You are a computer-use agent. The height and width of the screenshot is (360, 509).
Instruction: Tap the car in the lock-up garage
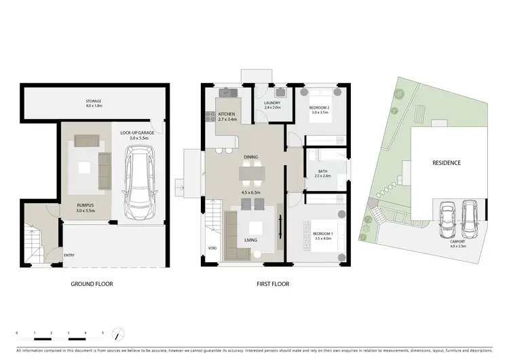(x=140, y=179)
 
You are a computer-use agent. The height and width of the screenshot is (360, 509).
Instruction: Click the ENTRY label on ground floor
(x=69, y=255)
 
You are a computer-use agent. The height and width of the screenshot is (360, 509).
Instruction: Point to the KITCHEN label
(x=227, y=114)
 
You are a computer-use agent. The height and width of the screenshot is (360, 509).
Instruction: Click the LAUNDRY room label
(x=272, y=103)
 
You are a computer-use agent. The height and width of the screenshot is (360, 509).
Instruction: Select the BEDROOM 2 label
(x=319, y=108)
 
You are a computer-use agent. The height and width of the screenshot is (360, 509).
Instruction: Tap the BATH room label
(x=323, y=171)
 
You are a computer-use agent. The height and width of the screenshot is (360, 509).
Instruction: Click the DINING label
(x=251, y=157)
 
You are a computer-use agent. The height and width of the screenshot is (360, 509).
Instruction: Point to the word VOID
(x=212, y=248)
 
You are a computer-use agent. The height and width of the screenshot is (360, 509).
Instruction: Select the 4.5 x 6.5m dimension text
(x=251, y=192)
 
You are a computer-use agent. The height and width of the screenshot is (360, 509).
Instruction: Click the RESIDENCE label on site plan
(x=447, y=163)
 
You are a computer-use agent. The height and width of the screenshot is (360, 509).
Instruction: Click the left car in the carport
(x=447, y=216)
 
